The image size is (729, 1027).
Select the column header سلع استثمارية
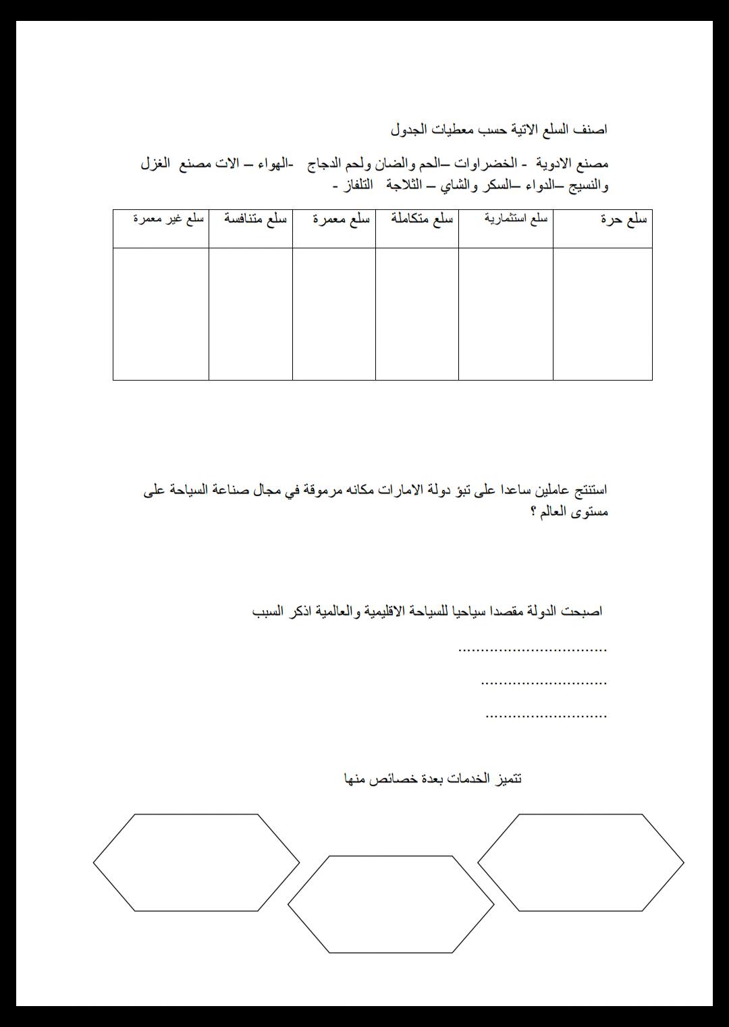(x=516, y=218)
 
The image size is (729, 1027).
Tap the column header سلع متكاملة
(x=422, y=219)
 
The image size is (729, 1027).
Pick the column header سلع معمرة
(x=341, y=219)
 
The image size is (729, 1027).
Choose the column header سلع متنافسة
(x=256, y=219)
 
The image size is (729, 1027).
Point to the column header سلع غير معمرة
(x=168, y=219)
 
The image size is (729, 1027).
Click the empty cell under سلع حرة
(x=602, y=314)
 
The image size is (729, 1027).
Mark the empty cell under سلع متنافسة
(x=250, y=314)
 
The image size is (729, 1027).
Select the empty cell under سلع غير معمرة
(x=161, y=314)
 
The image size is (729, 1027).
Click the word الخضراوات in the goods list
(x=485, y=163)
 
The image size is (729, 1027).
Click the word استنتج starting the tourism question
(x=587, y=490)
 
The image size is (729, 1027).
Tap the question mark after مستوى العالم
(x=533, y=511)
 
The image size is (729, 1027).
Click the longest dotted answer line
(x=533, y=649)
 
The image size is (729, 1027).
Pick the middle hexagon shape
(x=391, y=904)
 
